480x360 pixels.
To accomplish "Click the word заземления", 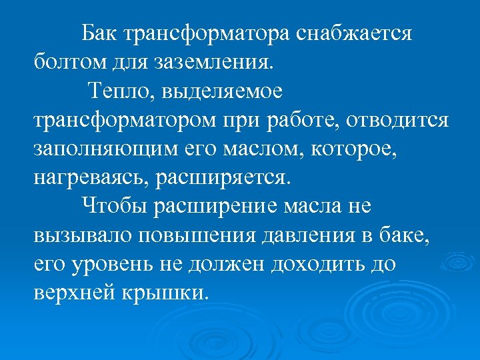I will click(213, 63).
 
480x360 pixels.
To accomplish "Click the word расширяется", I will click(226, 179).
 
